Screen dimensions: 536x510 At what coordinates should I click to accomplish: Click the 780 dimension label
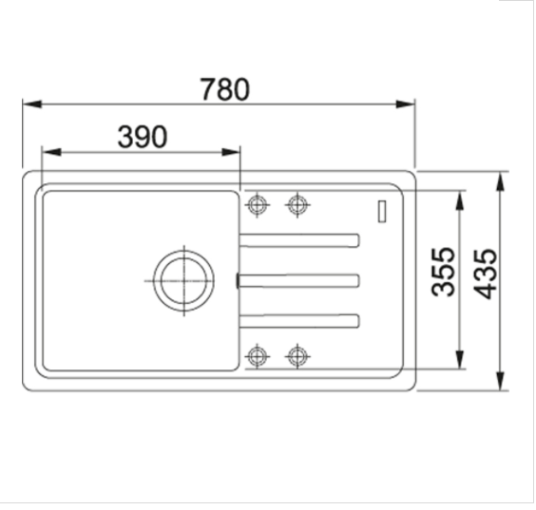224,89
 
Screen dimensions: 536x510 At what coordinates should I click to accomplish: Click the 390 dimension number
143,137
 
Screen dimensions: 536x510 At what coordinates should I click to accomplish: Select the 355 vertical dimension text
444,272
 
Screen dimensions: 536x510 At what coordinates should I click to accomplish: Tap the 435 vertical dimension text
485,274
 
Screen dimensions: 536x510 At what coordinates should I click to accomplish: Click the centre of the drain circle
184,280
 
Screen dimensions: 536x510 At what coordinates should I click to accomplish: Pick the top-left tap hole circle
257,205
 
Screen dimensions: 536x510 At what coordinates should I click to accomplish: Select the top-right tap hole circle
297,205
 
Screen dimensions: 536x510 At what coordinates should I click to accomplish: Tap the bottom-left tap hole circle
257,356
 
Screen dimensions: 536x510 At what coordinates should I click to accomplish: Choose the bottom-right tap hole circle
297,356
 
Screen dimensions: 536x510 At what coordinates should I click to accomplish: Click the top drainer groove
299,240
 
